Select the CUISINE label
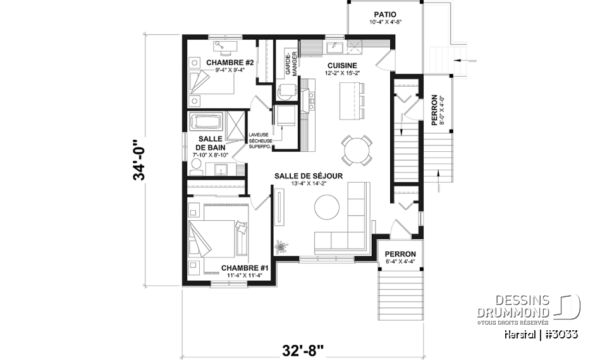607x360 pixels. click(342, 66)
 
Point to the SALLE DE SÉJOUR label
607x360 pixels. click(308, 175)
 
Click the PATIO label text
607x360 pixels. click(384, 13)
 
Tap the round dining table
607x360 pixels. click(357, 150)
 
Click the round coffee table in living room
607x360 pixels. click(327, 207)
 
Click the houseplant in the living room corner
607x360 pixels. click(280, 245)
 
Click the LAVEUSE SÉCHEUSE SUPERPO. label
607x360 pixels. click(260, 140)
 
